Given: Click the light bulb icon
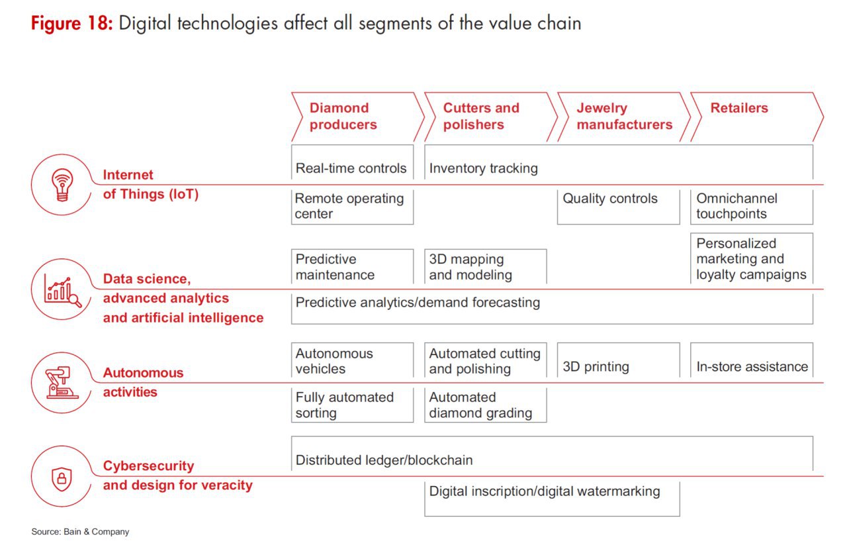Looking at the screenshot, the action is click(x=62, y=185).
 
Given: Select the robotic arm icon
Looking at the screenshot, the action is click(x=62, y=382).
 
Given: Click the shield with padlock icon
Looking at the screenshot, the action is click(x=62, y=479).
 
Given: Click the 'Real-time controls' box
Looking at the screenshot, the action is click(x=353, y=162).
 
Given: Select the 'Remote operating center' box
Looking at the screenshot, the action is click(x=353, y=207).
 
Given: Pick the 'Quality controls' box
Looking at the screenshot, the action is click(x=619, y=207).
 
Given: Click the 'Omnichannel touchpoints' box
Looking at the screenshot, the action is click(x=752, y=207).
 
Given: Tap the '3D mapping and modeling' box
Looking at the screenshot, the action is click(x=486, y=266).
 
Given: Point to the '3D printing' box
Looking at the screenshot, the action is click(x=619, y=360).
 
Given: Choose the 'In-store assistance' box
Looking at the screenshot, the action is click(x=752, y=360).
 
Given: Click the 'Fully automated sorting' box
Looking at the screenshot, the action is click(x=353, y=405).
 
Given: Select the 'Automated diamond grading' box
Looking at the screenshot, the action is click(x=486, y=405).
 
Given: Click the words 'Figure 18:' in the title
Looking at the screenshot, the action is click(x=72, y=23).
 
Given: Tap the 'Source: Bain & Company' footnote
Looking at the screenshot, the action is click(x=80, y=532).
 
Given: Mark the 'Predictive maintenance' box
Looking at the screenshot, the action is click(x=353, y=266).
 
